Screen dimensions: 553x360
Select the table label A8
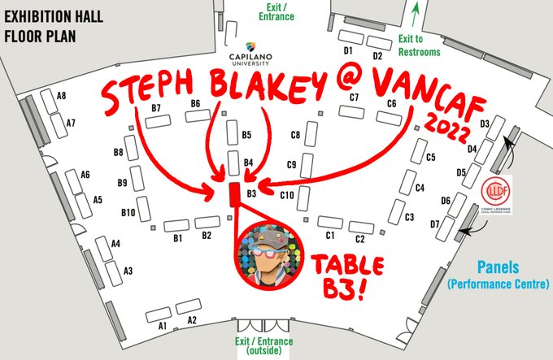pos(61,96)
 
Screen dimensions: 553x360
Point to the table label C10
pos(286,195)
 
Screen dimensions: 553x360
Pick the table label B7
pos(157,108)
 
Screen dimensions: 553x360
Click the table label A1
pos(162,325)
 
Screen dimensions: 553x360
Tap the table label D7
pos(434,223)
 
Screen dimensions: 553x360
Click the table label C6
pos(391,103)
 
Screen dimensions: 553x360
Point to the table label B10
pos(128,212)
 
